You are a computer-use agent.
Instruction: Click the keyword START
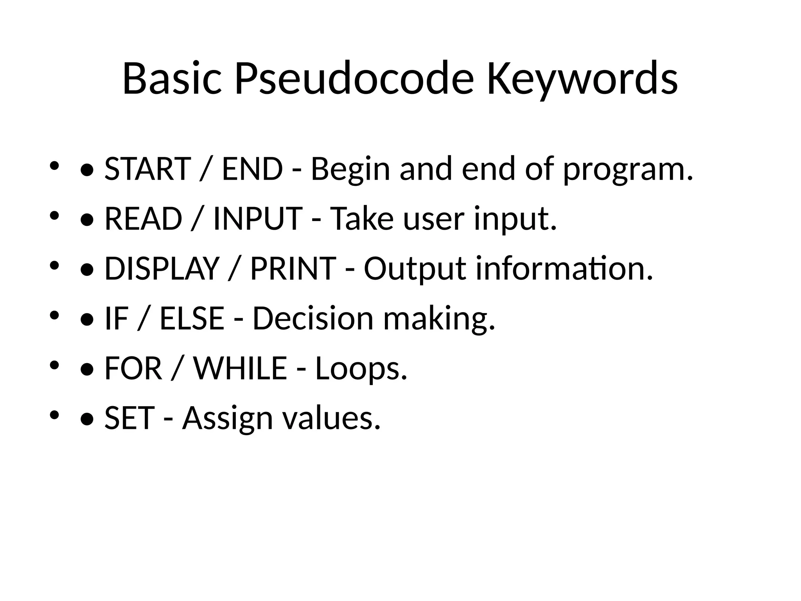pos(148,169)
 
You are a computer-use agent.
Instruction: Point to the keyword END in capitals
pos(252,169)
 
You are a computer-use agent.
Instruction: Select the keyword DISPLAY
pos(162,268)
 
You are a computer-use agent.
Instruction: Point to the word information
pos(564,268)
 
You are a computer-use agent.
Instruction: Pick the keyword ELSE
pos(192,318)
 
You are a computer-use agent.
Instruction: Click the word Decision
pos(313,318)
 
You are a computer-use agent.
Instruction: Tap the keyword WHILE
pos(241,368)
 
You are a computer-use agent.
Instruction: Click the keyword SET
pos(129,418)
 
